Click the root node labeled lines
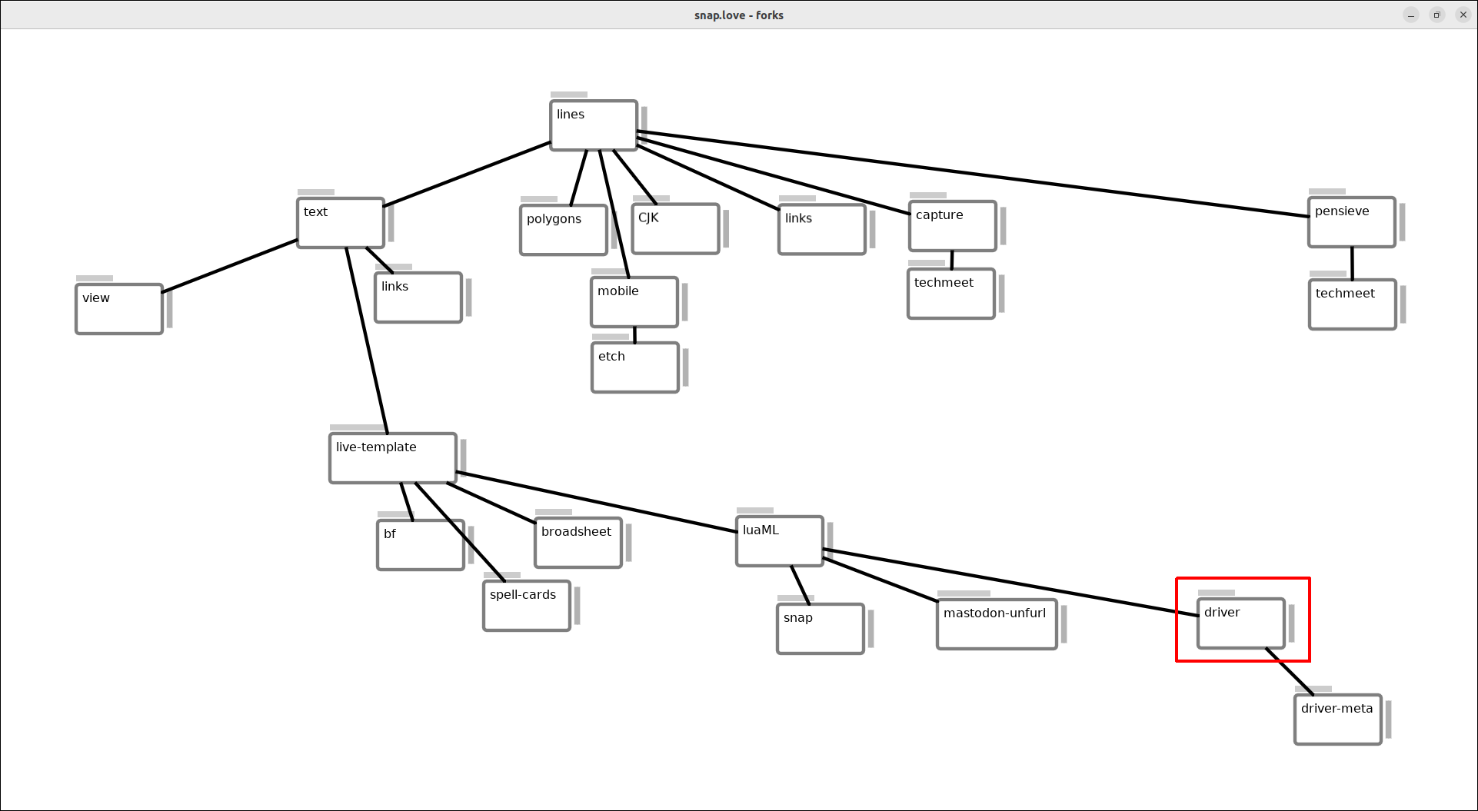click(x=594, y=125)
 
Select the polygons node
click(x=564, y=230)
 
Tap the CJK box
click(x=675, y=228)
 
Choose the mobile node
click(x=634, y=302)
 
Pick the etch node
click(x=635, y=367)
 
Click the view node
click(x=119, y=309)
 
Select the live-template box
click(x=393, y=458)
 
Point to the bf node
click(x=421, y=545)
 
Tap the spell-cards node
click(x=527, y=606)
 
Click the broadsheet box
click(x=578, y=543)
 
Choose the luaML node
click(x=780, y=541)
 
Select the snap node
click(x=821, y=629)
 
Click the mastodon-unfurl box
click(x=997, y=624)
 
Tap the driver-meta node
click(x=1338, y=720)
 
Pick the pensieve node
click(x=1352, y=222)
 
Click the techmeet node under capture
click(x=951, y=294)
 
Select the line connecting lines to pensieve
click(x=973, y=174)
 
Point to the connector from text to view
click(x=230, y=266)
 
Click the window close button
click(x=1463, y=15)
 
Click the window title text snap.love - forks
click(x=738, y=15)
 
